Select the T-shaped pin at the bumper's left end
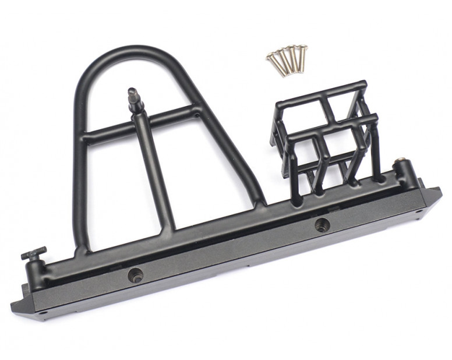coord(34,254)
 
